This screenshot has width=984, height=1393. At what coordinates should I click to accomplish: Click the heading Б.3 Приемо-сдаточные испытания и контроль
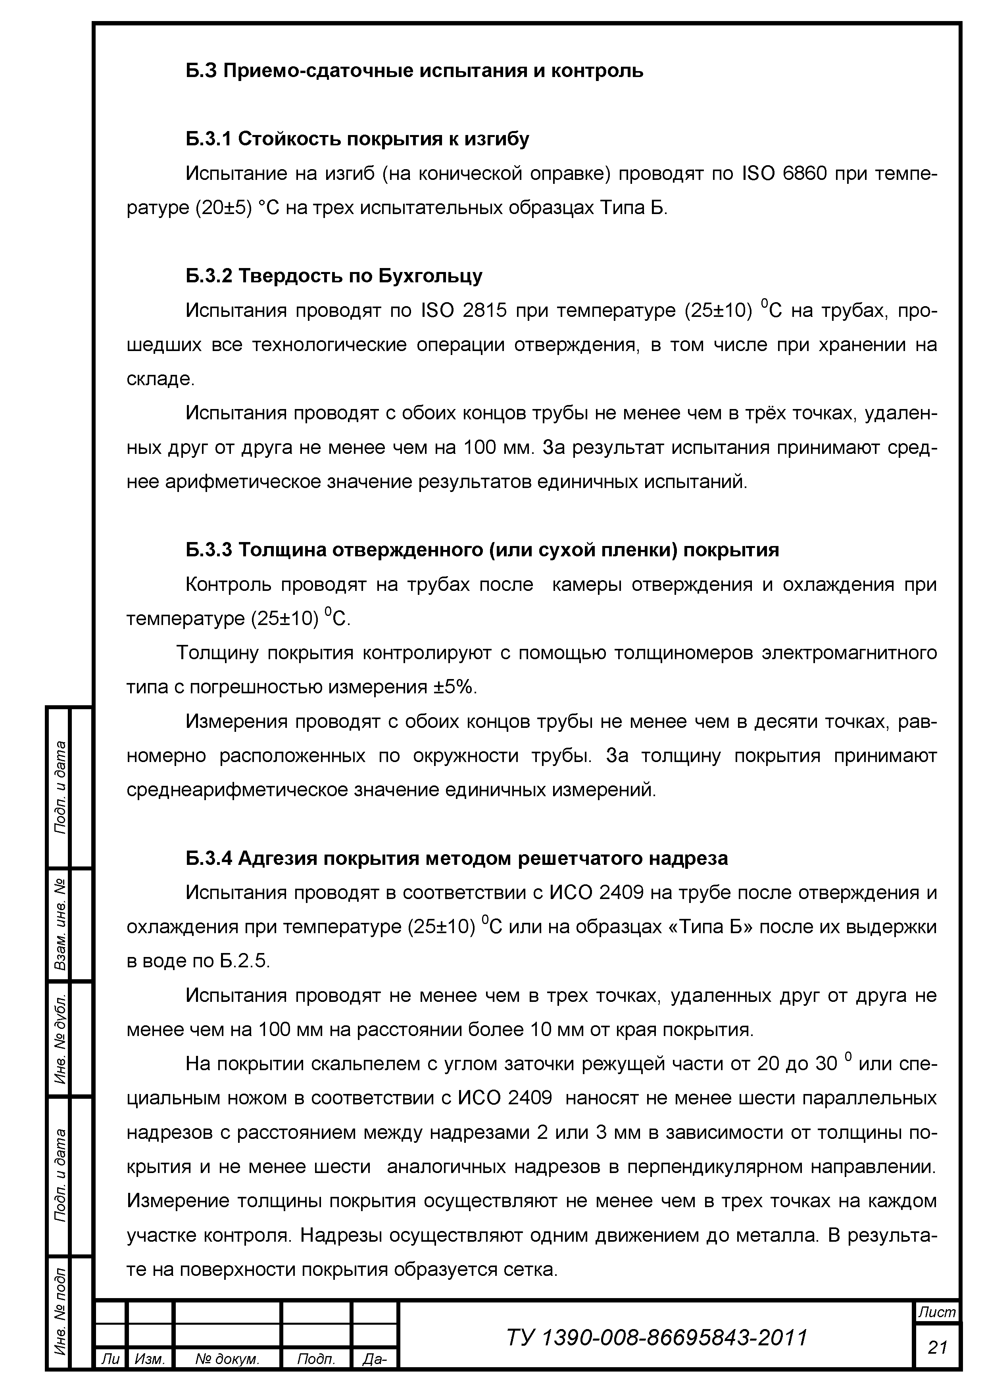point(414,71)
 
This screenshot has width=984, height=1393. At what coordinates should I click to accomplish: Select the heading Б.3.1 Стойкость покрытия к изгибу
point(357,139)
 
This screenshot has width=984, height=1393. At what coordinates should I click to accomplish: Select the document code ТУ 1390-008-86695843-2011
point(657,1337)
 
